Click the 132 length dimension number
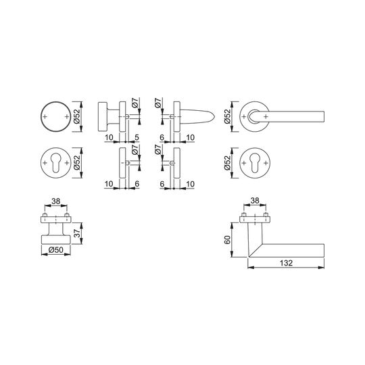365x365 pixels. point(286,263)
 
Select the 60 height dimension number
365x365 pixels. point(227,240)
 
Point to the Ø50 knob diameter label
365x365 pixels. point(56,250)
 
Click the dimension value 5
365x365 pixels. point(137,138)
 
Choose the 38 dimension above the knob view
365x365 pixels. point(56,201)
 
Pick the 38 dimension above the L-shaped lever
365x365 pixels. point(255,201)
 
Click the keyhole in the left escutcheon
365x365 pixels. point(56,163)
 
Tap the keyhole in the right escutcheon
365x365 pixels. point(255,163)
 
